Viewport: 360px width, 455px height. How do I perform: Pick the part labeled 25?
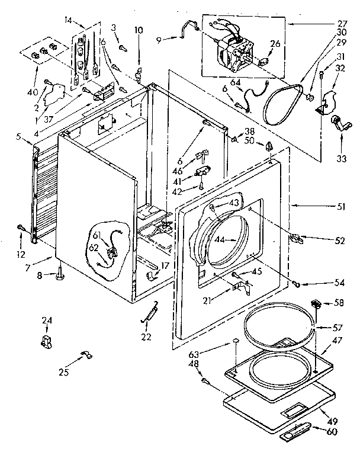(x=84, y=355)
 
